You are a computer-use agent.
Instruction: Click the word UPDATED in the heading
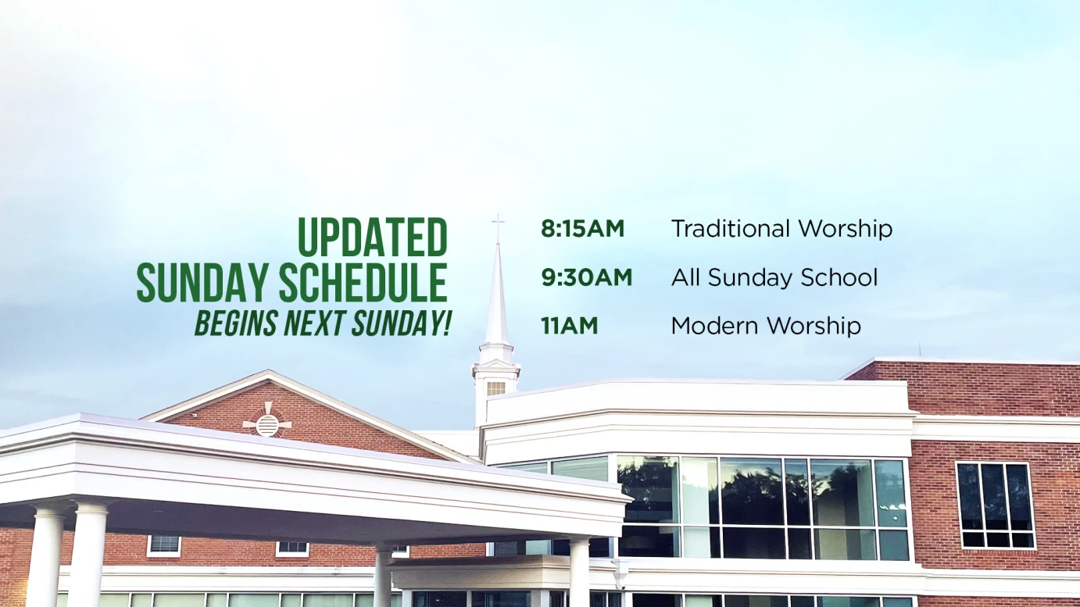point(373,237)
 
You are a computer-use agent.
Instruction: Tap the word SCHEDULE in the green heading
point(363,283)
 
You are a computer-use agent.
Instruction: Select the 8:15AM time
point(582,229)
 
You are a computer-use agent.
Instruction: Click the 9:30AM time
point(586,277)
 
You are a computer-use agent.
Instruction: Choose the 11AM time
point(569,326)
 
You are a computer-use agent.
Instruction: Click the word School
point(839,277)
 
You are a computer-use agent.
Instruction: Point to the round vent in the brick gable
point(267,424)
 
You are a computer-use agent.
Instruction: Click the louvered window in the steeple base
point(495,388)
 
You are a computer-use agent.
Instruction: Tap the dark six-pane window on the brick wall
point(996,505)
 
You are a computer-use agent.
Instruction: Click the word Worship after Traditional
point(846,230)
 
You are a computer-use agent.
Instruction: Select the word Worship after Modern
point(814,327)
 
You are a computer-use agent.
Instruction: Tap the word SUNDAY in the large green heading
point(202,283)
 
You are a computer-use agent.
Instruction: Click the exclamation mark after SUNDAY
point(446,323)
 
